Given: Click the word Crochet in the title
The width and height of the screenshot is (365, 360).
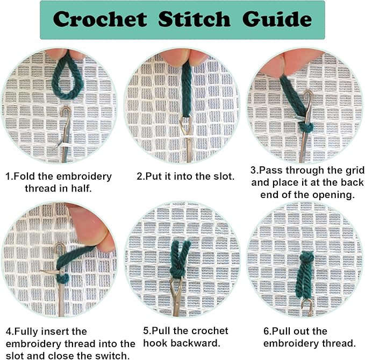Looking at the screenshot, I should tap(100, 20).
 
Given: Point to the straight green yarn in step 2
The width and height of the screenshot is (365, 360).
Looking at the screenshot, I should tap(186, 91).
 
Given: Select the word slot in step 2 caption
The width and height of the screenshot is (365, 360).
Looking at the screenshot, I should tap(221, 176).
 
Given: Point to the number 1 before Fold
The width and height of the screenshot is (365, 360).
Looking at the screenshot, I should tap(8, 176).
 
